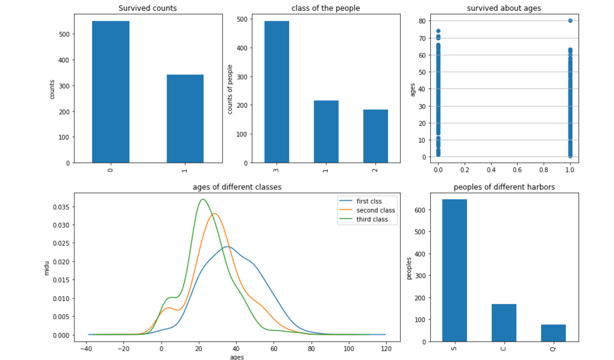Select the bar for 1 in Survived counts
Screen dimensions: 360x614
coord(185,119)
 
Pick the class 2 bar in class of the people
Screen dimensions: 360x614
coord(376,136)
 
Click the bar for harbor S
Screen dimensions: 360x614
coord(454,271)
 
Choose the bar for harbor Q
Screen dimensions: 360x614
coord(553,333)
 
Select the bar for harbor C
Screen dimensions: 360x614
coord(504,323)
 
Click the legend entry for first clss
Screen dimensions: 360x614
coord(369,201)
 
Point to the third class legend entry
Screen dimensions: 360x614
coord(375,220)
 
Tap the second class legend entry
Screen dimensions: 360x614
coord(376,211)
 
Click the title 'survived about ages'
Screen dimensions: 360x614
coord(504,8)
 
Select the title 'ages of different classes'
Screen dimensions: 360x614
coord(237,187)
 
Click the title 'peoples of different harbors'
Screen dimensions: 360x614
coord(504,187)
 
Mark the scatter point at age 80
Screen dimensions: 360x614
coord(570,21)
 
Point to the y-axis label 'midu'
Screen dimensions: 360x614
coord(47,267)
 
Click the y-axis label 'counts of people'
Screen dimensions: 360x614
coord(230,89)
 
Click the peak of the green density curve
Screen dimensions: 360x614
coord(203,199)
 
